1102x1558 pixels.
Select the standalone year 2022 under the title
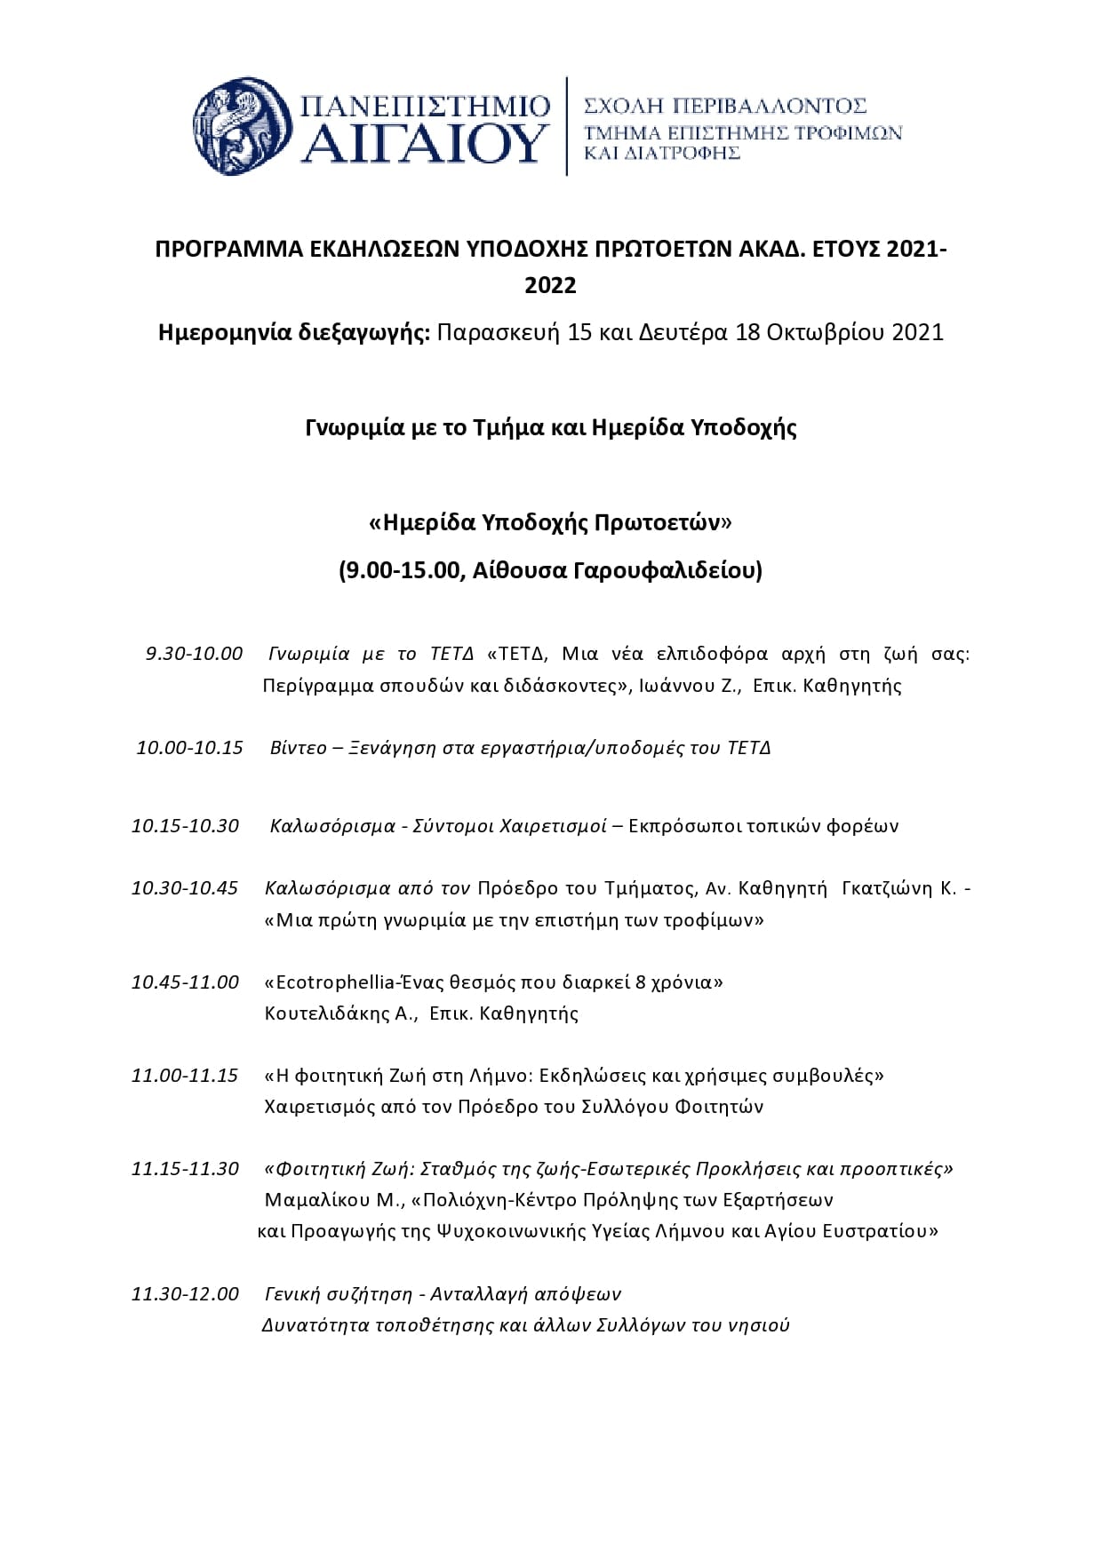[x=550, y=286]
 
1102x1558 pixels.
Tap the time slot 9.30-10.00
[x=194, y=654]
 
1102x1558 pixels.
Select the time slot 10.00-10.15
[x=189, y=747]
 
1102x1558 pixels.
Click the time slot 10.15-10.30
[x=185, y=825]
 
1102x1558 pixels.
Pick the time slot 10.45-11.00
[x=185, y=982]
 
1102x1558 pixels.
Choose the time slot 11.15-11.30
[x=185, y=1168]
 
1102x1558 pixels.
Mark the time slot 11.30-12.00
[x=185, y=1293]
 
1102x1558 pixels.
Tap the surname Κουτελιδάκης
[x=340, y=1013]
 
